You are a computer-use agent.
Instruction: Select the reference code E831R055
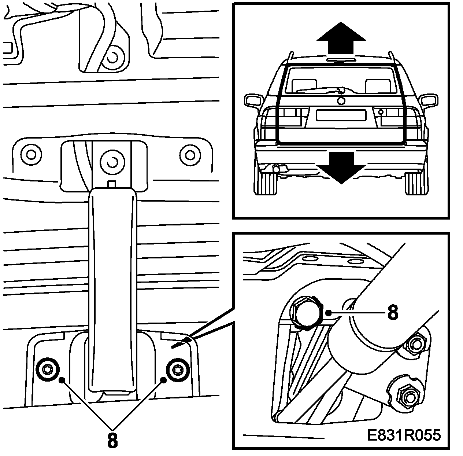click(x=404, y=435)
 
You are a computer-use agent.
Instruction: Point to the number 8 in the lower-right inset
click(x=392, y=313)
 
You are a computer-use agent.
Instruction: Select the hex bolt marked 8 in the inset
click(x=305, y=312)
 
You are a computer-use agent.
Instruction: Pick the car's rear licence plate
click(x=341, y=115)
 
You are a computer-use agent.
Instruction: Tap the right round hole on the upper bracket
click(x=189, y=154)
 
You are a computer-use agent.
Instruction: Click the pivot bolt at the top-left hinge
click(x=113, y=57)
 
